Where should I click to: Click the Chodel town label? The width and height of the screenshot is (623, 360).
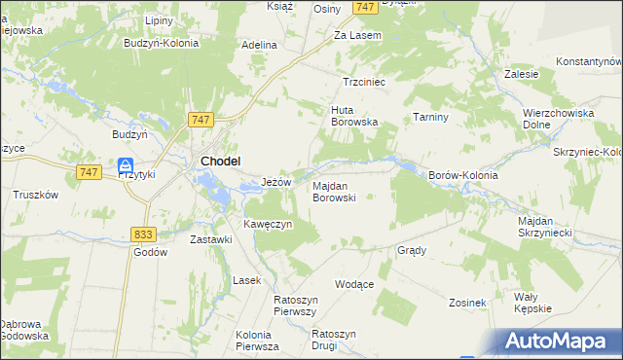click(220, 162)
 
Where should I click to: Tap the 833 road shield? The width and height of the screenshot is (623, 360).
click(144, 234)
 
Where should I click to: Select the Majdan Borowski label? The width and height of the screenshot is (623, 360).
click(334, 191)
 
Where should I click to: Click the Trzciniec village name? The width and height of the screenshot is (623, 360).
click(365, 83)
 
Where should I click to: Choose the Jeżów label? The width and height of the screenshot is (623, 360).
click(277, 182)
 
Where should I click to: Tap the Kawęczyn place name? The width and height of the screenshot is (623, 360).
click(269, 225)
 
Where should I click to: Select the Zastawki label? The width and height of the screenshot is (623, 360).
click(210, 239)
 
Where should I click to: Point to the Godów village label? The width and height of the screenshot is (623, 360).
click(150, 251)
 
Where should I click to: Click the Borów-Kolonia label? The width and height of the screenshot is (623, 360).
click(463, 175)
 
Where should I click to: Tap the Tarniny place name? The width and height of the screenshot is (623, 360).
click(428, 117)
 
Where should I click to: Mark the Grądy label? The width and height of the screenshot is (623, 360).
click(412, 250)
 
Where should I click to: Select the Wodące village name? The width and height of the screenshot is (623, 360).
click(354, 284)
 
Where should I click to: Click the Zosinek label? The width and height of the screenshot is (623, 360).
click(467, 303)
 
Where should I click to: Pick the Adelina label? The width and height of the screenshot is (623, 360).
click(260, 45)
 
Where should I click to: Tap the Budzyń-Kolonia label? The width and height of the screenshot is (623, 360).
click(162, 43)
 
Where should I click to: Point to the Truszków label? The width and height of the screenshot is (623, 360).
click(36, 195)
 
